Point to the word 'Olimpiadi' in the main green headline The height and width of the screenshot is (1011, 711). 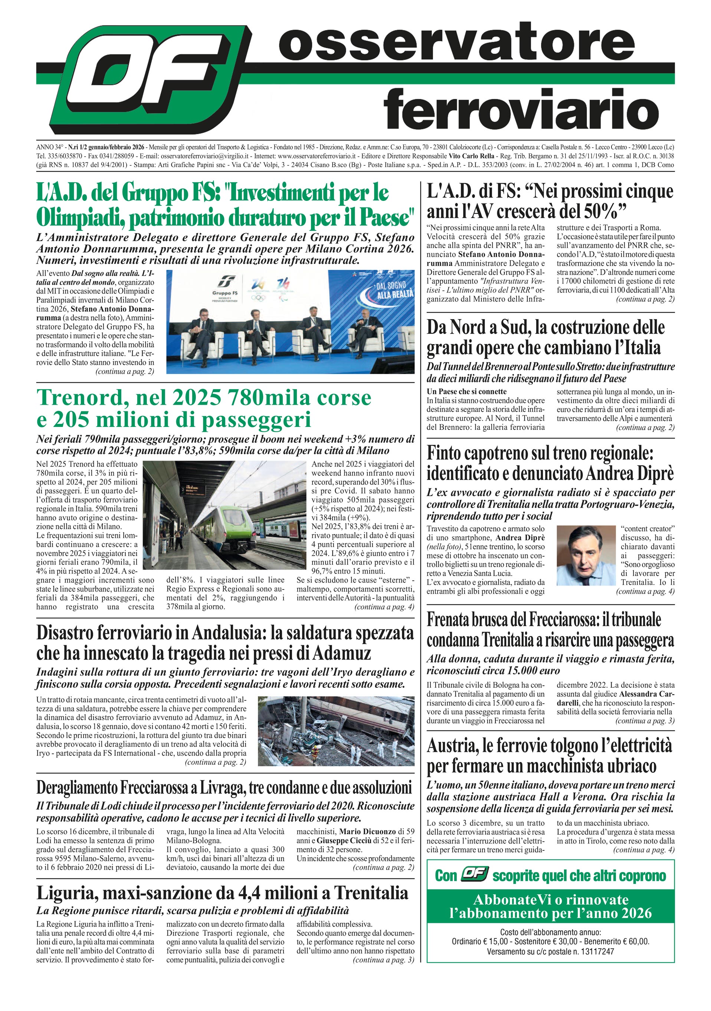79,217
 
